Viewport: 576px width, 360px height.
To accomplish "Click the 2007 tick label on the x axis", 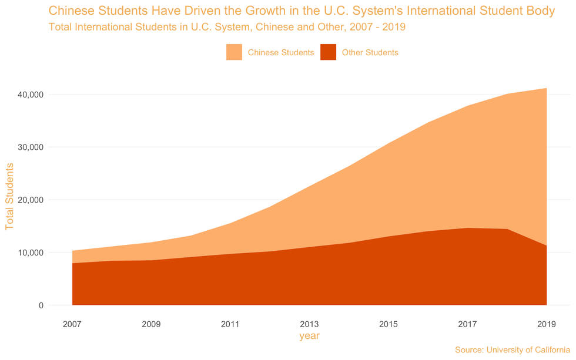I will [x=72, y=324].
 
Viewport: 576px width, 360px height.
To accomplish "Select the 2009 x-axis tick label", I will [x=151, y=324].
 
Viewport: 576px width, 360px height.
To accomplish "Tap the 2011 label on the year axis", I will [x=230, y=324].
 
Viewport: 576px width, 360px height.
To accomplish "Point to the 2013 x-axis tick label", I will [x=309, y=324].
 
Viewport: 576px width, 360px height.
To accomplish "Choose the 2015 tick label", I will [x=389, y=324].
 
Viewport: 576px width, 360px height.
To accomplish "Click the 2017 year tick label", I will [x=467, y=324].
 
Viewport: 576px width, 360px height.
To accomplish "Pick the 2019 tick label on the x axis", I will [x=547, y=324].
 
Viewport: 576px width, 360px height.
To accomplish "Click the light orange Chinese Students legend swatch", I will [x=234, y=52].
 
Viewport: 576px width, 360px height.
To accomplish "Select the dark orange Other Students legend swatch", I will [x=328, y=52].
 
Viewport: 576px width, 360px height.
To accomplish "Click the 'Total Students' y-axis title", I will [x=9, y=197].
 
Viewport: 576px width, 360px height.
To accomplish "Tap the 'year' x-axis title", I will [x=309, y=337].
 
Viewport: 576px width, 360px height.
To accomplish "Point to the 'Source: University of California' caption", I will [x=513, y=350].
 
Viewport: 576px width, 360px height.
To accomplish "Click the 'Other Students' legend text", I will [x=370, y=52].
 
